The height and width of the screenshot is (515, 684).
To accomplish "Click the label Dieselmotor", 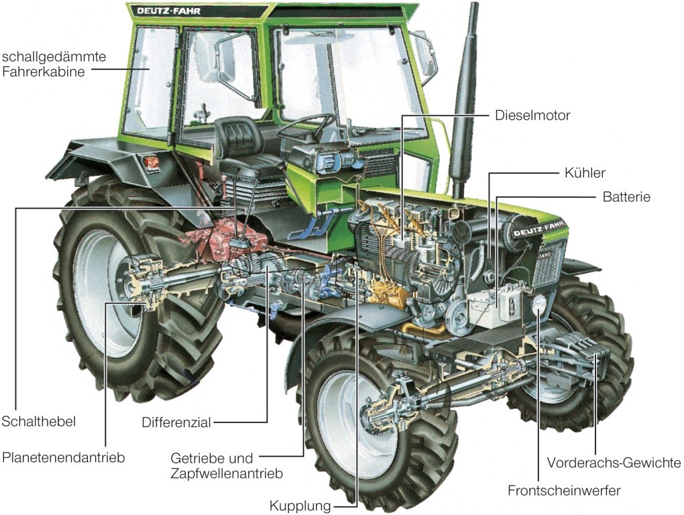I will click(532, 115).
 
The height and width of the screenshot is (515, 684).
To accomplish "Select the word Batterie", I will click(626, 197).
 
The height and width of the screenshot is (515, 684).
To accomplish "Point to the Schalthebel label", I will click(38, 421).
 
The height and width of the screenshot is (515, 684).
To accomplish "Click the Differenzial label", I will click(176, 422).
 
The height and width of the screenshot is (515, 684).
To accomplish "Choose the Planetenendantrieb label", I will click(64, 458).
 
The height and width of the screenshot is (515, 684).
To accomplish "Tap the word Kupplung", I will click(300, 505).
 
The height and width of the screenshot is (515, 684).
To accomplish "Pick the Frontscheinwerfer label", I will click(564, 490).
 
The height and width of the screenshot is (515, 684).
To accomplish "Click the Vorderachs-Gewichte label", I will click(614, 463).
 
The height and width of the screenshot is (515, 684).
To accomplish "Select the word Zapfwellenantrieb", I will click(226, 473).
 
